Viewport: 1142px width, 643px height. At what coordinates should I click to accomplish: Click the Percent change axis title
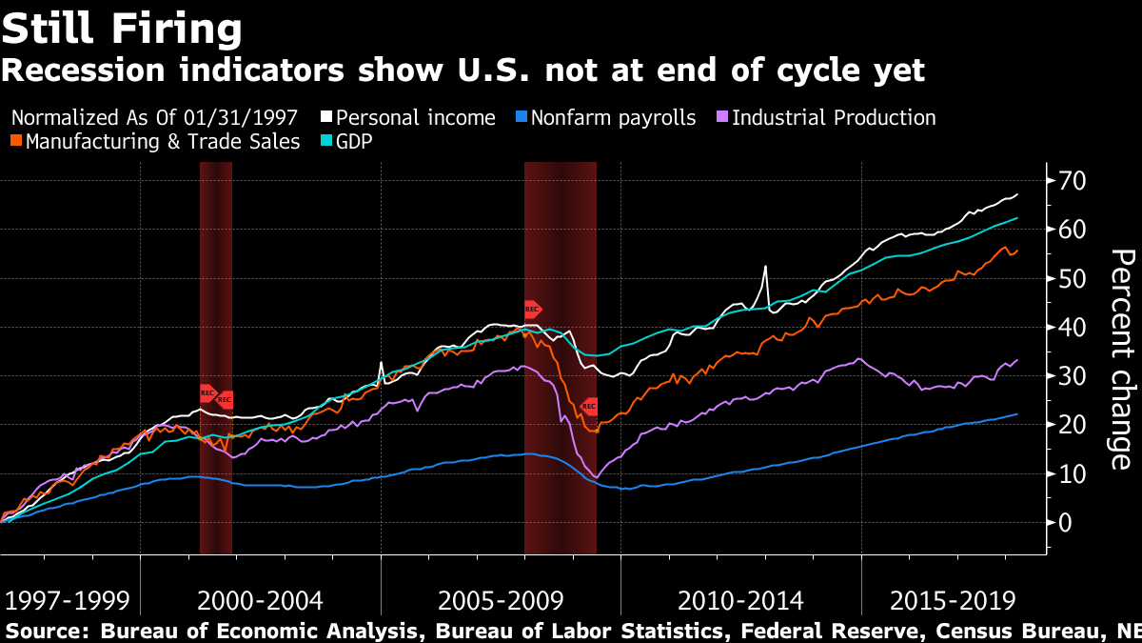coord(1123,358)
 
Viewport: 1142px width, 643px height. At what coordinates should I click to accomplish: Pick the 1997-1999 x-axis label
coord(67,601)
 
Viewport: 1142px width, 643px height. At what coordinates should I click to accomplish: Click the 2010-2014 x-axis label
coord(740,601)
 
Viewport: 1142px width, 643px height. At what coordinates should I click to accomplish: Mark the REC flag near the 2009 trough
coord(589,407)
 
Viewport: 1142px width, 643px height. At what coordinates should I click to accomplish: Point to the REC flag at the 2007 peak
coord(533,309)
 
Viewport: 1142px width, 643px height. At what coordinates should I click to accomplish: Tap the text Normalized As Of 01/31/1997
coord(155,118)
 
